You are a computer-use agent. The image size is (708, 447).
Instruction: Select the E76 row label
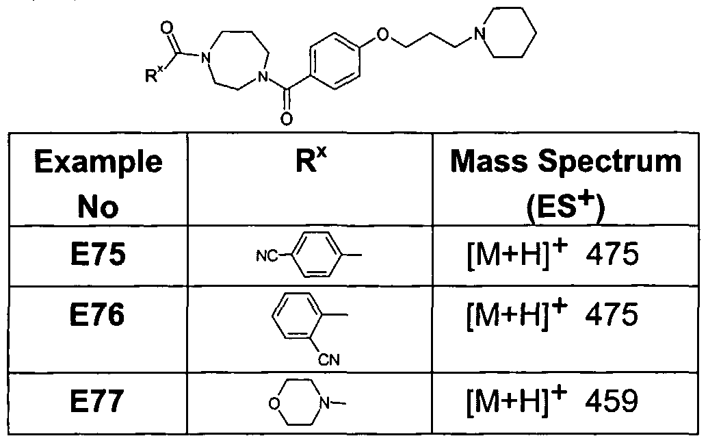(98, 315)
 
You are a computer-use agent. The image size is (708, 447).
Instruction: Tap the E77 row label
(97, 401)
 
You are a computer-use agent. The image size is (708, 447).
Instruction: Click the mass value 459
(612, 400)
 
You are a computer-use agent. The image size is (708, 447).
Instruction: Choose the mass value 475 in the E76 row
(612, 315)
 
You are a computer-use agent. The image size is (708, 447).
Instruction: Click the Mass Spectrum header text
(566, 162)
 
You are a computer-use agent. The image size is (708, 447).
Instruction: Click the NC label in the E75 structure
(267, 256)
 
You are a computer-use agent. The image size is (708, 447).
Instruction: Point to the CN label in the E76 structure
(329, 360)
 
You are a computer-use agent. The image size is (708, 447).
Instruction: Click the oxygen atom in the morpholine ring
(274, 403)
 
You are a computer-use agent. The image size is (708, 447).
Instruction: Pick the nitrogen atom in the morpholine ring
(325, 403)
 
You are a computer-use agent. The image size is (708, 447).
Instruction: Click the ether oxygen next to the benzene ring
(382, 34)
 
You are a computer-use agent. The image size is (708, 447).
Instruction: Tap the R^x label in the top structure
(154, 74)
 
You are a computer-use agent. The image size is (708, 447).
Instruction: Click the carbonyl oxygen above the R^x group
(167, 28)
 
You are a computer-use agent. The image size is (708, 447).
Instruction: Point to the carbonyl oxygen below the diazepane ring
(286, 119)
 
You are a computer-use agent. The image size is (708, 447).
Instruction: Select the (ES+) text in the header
(565, 208)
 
